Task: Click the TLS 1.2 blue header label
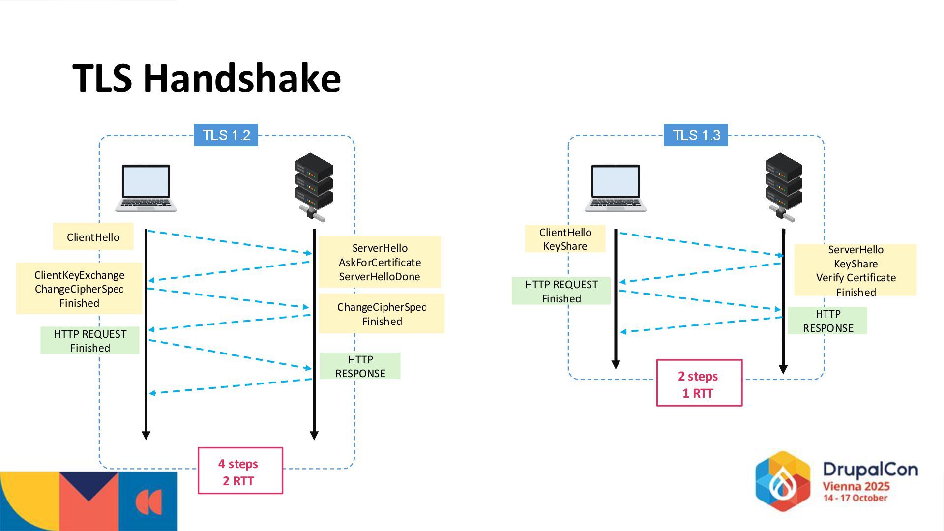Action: tap(226, 135)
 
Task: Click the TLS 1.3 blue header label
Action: tap(696, 135)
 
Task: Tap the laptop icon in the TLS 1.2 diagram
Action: tap(146, 188)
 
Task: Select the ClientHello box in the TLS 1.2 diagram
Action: tap(93, 237)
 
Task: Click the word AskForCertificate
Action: tap(380, 263)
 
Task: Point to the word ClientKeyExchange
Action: tap(80, 275)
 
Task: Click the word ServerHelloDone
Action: tap(380, 277)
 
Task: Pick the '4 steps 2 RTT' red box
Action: tap(240, 471)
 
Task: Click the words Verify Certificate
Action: tap(856, 278)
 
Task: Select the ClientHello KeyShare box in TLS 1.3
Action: tap(565, 239)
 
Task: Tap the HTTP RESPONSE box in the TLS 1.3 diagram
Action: tap(827, 321)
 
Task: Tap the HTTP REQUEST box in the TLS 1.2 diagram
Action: tap(90, 341)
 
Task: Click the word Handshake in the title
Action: tap(242, 79)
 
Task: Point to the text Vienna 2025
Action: tap(856, 486)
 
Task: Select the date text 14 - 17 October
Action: tap(855, 498)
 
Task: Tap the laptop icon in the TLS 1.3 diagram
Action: tap(616, 188)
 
